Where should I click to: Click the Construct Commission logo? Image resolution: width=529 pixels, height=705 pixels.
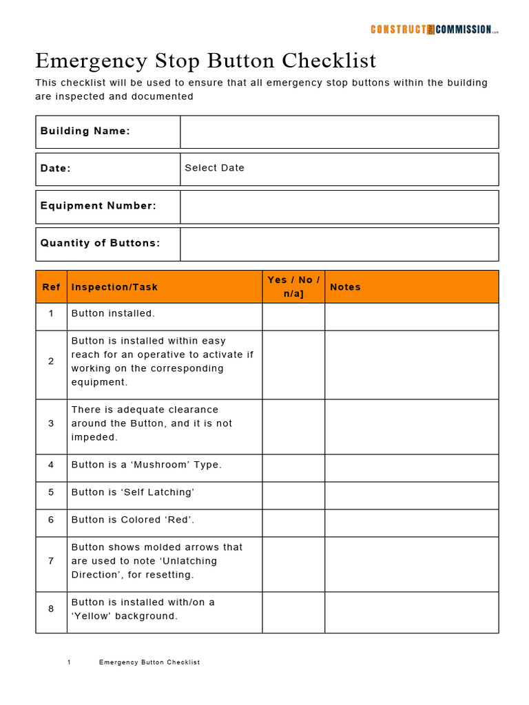coord(434,29)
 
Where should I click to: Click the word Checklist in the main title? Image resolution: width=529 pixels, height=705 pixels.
coord(329,61)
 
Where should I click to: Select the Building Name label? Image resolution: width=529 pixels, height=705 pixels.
coord(85,131)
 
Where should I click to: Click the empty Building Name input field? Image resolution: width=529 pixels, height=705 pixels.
coord(339,131)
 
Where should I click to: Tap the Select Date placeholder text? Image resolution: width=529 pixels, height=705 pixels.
coord(214,168)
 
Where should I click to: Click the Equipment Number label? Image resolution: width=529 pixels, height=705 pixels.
coord(98,206)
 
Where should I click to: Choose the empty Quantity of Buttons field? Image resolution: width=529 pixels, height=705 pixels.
coord(339,244)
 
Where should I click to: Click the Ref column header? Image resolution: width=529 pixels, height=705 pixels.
coord(51,287)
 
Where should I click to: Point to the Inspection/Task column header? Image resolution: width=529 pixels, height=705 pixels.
coord(114,287)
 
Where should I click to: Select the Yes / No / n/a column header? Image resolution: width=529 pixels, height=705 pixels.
coord(293,287)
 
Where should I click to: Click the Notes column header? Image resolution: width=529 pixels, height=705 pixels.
coord(345,287)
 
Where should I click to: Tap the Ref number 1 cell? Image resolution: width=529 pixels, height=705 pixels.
coord(51,313)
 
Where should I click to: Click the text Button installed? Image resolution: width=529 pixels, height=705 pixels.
coord(113,313)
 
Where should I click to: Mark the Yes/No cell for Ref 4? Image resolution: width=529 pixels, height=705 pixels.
coord(293,467)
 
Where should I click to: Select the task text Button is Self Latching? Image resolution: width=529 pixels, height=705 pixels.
coord(133,492)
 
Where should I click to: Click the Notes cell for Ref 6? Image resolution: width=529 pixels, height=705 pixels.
coord(411,523)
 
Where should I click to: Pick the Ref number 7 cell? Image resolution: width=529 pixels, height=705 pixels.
coord(51,561)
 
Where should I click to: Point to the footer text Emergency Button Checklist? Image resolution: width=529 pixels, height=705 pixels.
coord(149,662)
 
